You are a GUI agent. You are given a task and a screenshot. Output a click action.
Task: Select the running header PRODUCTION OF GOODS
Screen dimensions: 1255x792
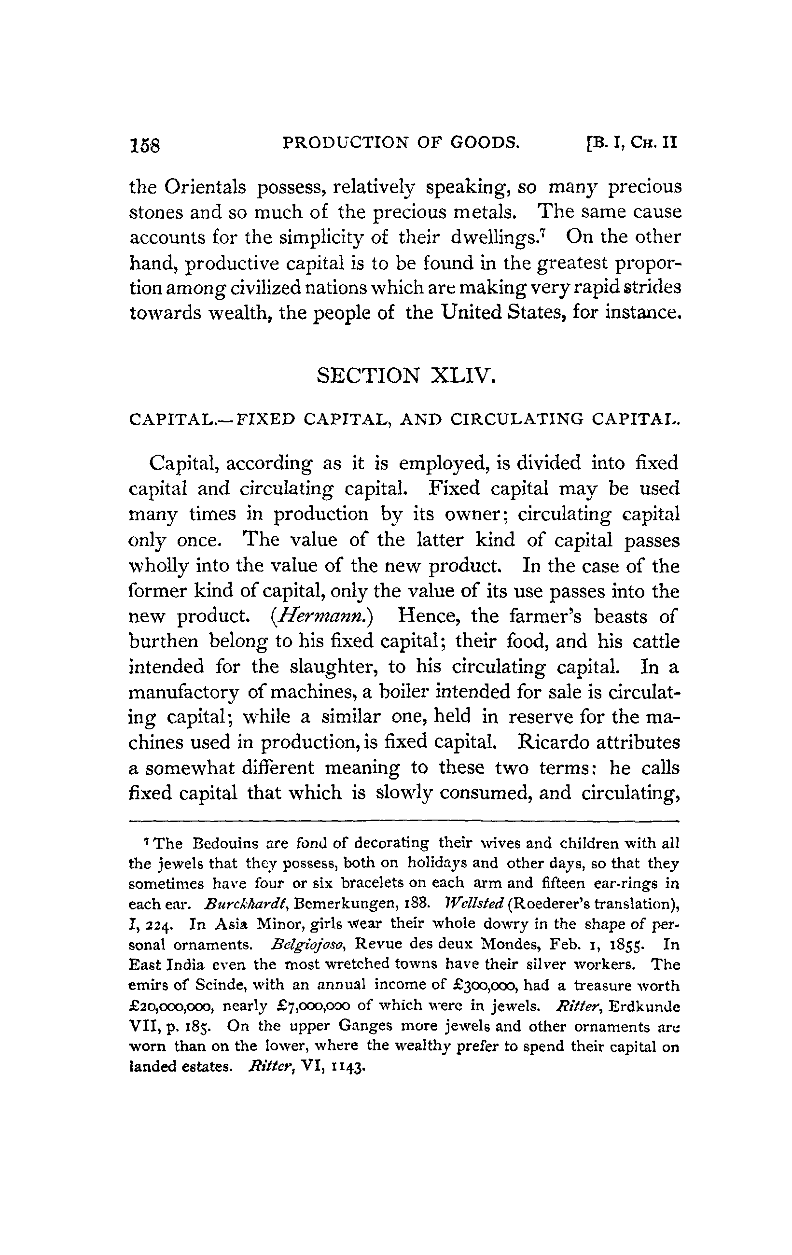(400, 142)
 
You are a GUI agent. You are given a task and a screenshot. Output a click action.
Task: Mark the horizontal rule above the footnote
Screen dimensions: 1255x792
(404, 822)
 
